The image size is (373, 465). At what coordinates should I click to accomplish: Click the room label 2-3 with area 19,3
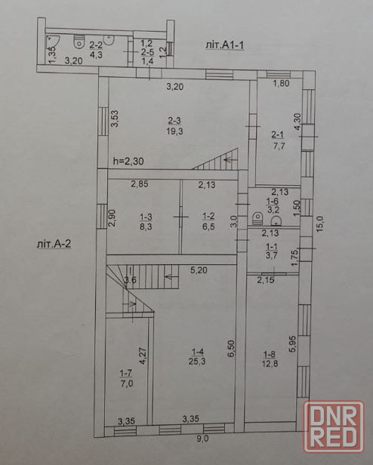pos(174,126)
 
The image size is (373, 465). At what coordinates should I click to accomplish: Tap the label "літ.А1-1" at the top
pos(225,45)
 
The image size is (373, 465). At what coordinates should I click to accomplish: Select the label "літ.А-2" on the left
pos(54,244)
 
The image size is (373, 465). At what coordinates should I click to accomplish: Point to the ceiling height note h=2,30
pos(128,161)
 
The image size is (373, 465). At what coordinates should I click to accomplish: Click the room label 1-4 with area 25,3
pos(197,356)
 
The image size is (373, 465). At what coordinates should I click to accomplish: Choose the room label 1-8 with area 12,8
pos(270,359)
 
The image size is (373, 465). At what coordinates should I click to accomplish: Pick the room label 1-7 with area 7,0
pos(126,378)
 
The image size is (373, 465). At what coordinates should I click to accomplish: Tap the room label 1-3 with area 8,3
pos(146,222)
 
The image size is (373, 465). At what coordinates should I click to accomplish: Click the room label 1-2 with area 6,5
pos(208,221)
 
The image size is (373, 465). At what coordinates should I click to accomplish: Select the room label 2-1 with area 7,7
pos(277,140)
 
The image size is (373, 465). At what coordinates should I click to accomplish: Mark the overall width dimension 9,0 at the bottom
pos(202,439)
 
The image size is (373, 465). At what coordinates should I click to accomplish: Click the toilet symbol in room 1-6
pos(257,218)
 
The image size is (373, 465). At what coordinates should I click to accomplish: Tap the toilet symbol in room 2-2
pos(79,42)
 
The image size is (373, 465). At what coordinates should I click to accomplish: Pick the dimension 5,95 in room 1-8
pos(292,343)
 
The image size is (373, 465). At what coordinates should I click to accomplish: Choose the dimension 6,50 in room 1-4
pos(232,348)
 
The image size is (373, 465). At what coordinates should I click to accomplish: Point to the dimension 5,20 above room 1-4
pos(199,270)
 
